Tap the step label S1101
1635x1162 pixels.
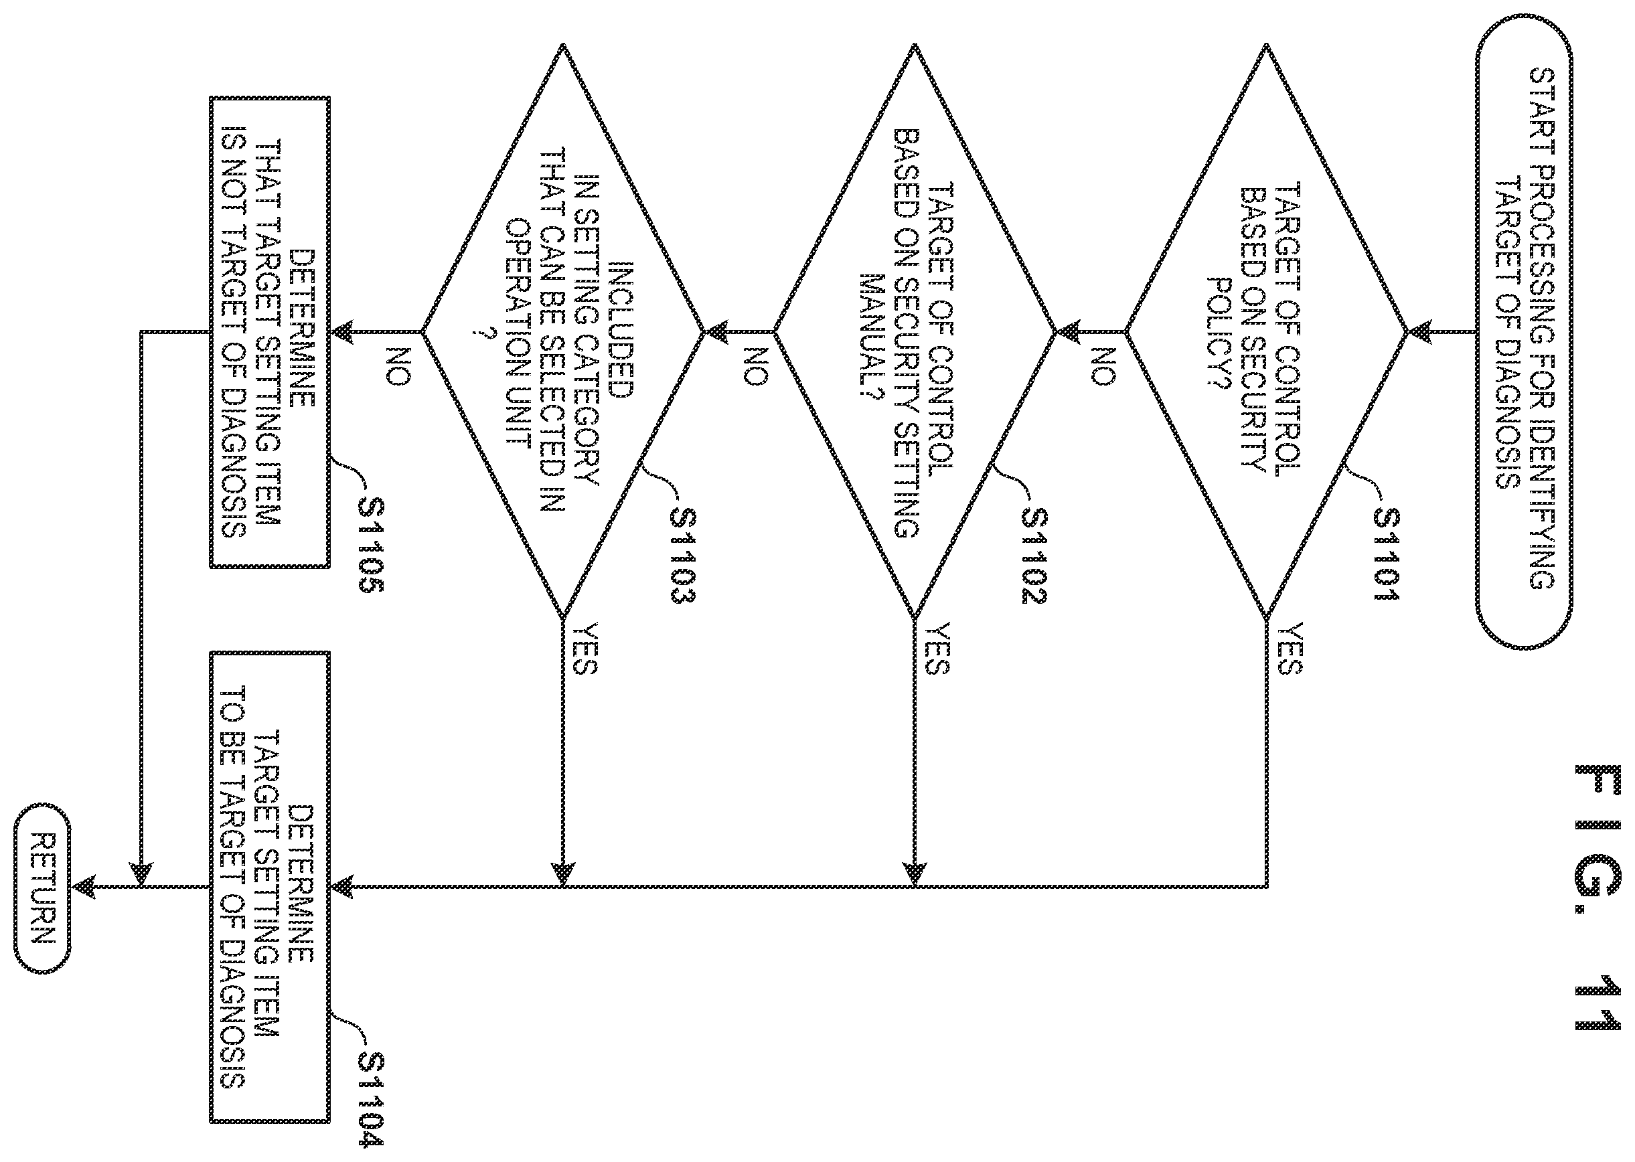click(x=1386, y=556)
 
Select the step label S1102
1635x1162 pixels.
click(x=1034, y=556)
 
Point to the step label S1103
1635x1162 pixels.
click(x=683, y=556)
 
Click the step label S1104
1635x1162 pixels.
click(x=372, y=1099)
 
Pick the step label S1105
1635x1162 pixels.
click(x=372, y=546)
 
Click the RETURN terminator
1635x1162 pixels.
click(x=43, y=888)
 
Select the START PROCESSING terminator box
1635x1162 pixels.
click(x=1523, y=331)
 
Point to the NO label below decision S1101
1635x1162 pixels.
click(x=1106, y=366)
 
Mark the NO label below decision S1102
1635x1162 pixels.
click(x=755, y=366)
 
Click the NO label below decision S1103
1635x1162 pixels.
click(x=398, y=366)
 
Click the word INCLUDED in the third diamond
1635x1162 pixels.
click(x=621, y=329)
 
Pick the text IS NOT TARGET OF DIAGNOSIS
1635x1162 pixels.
click(x=233, y=332)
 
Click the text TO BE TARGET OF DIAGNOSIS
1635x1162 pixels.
click(x=233, y=888)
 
